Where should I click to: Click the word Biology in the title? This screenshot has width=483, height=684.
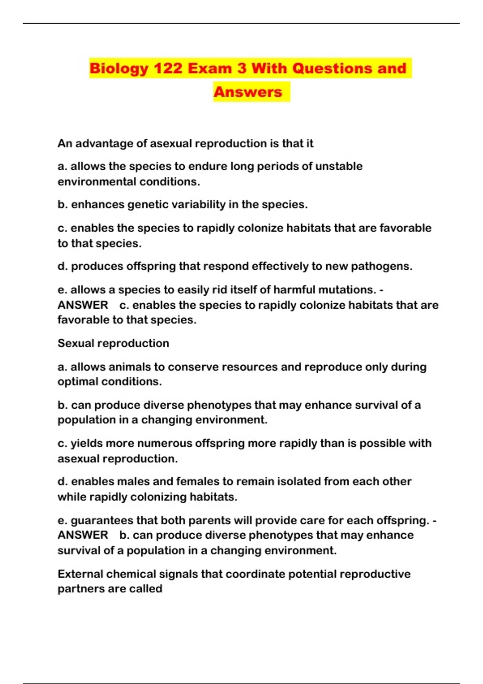[119, 68]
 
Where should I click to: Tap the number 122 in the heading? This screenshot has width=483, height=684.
[169, 68]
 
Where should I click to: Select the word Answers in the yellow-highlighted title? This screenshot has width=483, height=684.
[248, 92]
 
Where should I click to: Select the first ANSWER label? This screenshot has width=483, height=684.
[83, 305]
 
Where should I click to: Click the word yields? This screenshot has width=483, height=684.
[87, 443]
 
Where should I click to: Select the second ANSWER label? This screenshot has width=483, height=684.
[83, 535]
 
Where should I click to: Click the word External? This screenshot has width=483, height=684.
[80, 574]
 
